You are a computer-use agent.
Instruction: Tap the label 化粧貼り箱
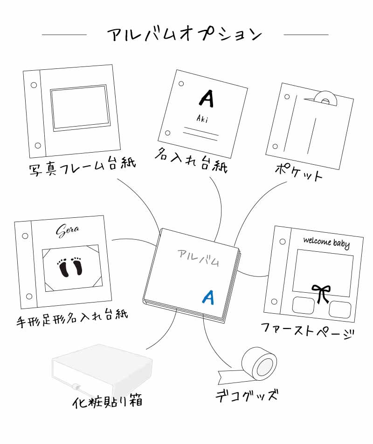(107, 401)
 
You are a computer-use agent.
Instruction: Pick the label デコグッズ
(247, 396)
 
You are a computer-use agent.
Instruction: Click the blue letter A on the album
(208, 296)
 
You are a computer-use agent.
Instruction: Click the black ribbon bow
(321, 293)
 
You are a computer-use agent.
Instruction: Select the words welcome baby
(326, 242)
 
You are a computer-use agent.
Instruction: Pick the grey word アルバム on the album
(198, 257)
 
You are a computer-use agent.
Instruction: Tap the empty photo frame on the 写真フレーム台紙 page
(78, 107)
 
